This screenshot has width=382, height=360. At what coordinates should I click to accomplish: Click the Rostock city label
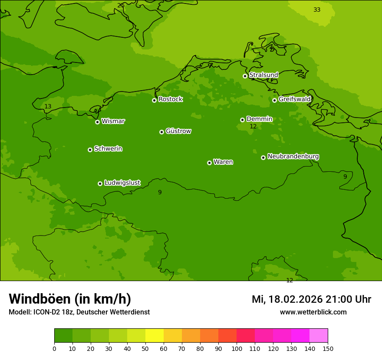coord(170,99)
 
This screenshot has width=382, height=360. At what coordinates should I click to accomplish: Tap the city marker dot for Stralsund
coord(245,76)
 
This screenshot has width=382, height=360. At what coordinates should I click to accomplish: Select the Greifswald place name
coord(294,99)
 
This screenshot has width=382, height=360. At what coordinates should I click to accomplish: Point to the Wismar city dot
coord(98,122)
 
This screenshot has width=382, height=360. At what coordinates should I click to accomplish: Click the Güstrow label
coord(178,131)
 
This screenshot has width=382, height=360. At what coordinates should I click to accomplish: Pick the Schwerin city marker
coord(90,150)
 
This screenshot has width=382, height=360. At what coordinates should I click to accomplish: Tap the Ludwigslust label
coord(122,183)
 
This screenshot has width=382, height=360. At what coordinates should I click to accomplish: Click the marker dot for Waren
coord(209,163)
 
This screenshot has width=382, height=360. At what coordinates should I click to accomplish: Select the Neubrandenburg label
coord(293,157)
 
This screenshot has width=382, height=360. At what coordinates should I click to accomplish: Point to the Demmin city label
coord(259,119)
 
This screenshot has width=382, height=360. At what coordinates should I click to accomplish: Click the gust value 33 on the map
coord(317,10)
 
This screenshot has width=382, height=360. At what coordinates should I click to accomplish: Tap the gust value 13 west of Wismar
coord(48,106)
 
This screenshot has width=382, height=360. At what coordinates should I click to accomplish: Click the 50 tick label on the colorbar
coord(145,348)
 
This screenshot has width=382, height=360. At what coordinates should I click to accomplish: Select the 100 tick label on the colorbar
coord(237,348)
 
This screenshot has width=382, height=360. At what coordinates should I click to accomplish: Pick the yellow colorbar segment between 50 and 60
coord(155,336)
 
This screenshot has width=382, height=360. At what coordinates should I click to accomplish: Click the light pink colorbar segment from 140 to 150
coord(319,336)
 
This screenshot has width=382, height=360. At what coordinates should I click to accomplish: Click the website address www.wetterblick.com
coord(313,312)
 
